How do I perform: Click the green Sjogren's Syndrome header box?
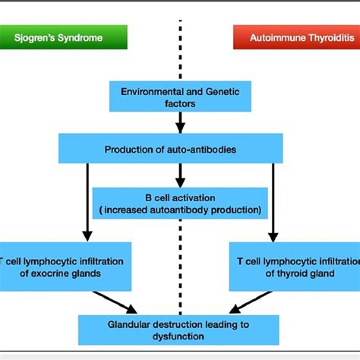[x=64, y=36]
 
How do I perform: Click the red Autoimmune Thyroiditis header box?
[x=295, y=36]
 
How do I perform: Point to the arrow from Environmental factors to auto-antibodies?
[x=180, y=122]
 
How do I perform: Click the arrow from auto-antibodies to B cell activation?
[x=180, y=176]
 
